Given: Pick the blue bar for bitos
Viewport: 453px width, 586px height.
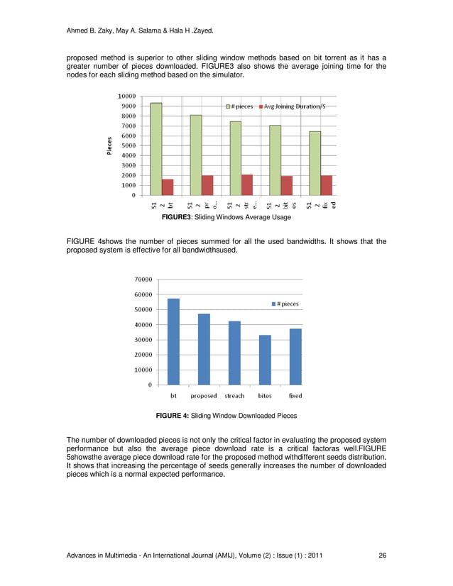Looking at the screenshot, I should click(x=265, y=360).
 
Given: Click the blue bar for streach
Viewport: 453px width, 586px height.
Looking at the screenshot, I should click(x=234, y=353).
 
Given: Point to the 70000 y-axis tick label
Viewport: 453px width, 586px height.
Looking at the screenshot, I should click(x=141, y=280).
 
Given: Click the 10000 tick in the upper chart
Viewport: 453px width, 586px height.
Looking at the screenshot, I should click(x=127, y=96).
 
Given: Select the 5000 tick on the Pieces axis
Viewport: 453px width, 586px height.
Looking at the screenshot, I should click(x=129, y=145).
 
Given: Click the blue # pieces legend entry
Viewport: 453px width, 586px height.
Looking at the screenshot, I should click(x=284, y=304).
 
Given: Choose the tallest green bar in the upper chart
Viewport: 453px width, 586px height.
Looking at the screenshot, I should click(x=155, y=148).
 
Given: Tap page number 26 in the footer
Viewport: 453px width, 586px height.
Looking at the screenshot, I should click(x=382, y=555).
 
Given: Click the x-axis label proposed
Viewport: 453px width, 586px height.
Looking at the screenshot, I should click(x=204, y=395).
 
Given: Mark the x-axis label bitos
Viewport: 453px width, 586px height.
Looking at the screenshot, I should click(x=265, y=395).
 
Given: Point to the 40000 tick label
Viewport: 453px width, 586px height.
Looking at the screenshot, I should click(x=141, y=325).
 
